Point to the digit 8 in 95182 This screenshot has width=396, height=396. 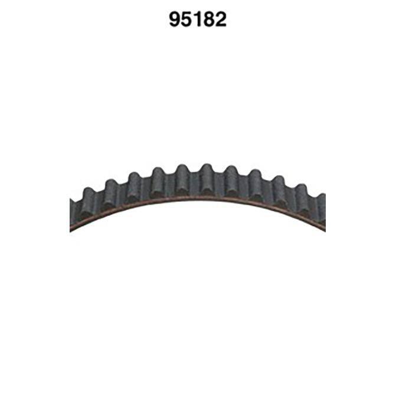pos(209,19)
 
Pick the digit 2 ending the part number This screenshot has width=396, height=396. pos(221,19)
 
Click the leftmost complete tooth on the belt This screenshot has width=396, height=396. pos(89,202)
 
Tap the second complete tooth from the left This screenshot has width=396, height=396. pos(111,193)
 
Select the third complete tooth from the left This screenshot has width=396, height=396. pos(135,186)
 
